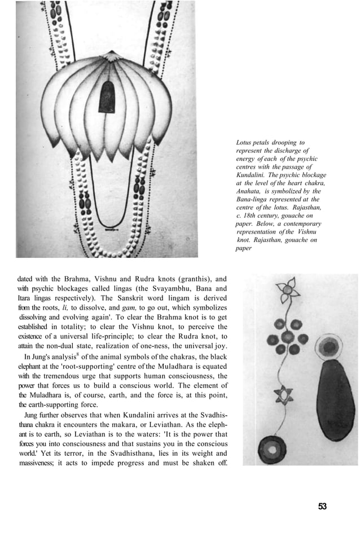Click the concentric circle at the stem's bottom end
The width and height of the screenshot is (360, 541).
pos(272,449)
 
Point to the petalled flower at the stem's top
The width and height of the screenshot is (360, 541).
pos(288,288)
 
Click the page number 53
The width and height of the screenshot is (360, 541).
pos(322,506)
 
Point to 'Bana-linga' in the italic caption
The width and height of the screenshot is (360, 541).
pos(254,199)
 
